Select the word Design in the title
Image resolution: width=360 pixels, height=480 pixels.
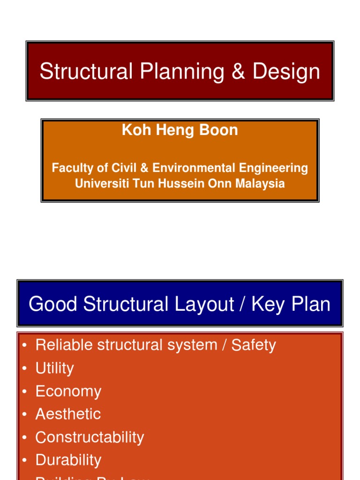click(286, 72)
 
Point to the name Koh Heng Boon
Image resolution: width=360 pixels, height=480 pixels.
click(180, 130)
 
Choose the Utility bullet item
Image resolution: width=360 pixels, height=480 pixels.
click(54, 368)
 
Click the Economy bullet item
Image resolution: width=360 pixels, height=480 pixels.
click(68, 391)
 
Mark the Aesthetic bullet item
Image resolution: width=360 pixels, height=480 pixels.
click(68, 414)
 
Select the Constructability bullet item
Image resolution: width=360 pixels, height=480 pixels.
click(90, 437)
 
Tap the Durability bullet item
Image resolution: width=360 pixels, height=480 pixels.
click(68, 460)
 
